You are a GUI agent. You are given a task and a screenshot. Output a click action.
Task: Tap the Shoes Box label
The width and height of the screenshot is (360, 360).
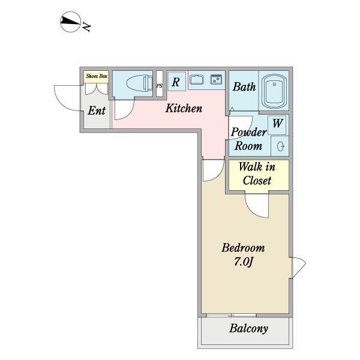[97, 76]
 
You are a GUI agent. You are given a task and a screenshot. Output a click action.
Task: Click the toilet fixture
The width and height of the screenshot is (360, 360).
[139, 83]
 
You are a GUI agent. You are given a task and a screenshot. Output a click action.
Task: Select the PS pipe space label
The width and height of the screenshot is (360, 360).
[160, 86]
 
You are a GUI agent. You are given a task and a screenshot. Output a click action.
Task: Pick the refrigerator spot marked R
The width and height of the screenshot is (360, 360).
[176, 82]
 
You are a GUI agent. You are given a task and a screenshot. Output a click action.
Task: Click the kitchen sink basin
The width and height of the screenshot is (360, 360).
[197, 80]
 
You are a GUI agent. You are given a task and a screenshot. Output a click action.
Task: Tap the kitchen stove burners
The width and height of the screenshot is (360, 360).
[216, 79]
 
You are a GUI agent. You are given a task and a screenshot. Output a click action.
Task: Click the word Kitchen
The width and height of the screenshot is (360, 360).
[184, 108]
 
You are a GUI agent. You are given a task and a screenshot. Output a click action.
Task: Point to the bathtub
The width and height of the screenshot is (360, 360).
[274, 91]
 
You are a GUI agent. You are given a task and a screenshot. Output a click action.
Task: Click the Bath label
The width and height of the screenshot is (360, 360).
[244, 87]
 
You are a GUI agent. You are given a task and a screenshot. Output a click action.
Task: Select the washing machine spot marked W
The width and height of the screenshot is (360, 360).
[277, 123]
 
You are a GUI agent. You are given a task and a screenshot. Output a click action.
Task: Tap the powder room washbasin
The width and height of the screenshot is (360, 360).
[281, 146]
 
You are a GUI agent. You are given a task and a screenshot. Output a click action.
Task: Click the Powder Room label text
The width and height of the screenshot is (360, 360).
[248, 139]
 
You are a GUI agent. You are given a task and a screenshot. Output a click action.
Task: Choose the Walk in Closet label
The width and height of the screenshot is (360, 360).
[257, 173]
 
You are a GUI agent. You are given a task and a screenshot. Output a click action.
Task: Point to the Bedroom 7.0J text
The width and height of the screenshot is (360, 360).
[244, 254]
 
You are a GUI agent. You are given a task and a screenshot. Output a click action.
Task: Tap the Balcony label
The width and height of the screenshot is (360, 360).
[248, 329]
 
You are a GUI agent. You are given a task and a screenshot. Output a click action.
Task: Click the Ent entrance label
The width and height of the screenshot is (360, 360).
[97, 110]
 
